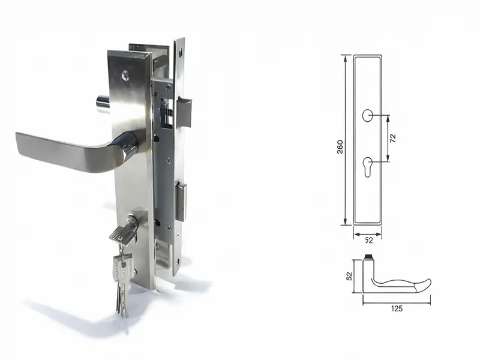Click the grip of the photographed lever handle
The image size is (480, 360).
point(60,150)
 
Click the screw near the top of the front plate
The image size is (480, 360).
point(125,76)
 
